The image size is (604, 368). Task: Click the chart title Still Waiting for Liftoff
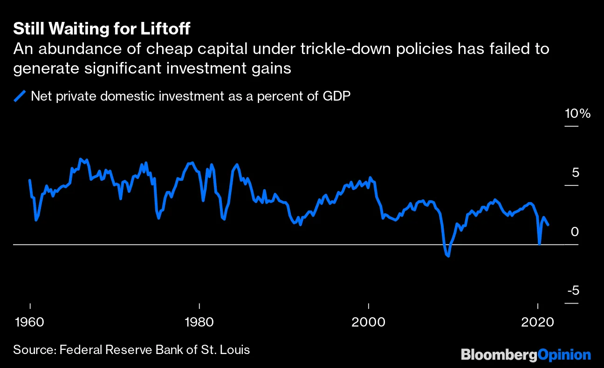102,29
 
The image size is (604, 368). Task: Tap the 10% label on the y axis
577,114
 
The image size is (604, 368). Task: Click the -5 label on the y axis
573,291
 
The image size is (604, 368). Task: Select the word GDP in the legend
334,96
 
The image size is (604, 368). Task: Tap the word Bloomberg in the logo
499,354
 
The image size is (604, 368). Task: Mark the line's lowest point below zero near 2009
448,256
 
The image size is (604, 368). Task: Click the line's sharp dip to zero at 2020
539,244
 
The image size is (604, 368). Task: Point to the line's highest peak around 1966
81,159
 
